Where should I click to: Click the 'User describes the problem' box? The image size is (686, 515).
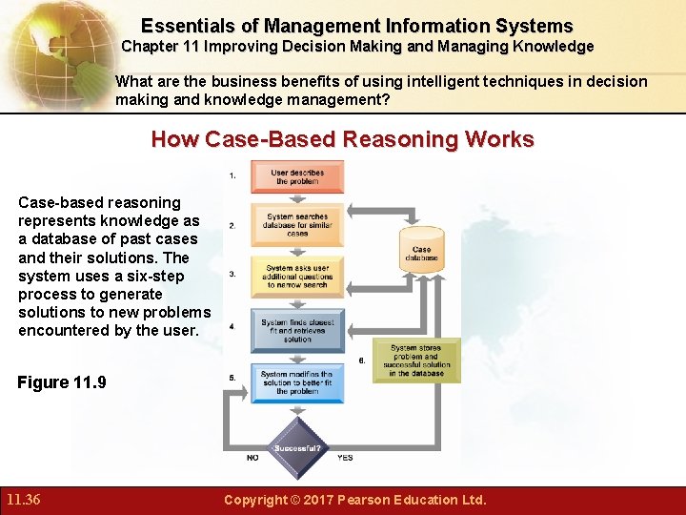tap(297, 177)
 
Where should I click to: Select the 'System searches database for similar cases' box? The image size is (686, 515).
tap(297, 225)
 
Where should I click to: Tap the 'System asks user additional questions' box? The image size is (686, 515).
tap(297, 276)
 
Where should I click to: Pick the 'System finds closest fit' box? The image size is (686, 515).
tap(297, 330)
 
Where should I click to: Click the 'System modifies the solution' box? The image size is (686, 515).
tap(297, 382)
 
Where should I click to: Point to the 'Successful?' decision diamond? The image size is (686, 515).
tap(297, 447)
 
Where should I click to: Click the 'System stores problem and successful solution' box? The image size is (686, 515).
tap(416, 360)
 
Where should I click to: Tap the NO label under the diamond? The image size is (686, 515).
tap(252, 458)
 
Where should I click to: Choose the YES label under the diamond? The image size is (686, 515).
tap(345, 458)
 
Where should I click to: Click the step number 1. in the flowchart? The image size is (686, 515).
tap(232, 175)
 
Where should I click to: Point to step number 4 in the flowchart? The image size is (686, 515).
tap(232, 327)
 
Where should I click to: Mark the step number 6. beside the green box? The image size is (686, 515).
tap(362, 361)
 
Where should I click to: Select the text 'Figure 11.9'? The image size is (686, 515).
tap(62, 382)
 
